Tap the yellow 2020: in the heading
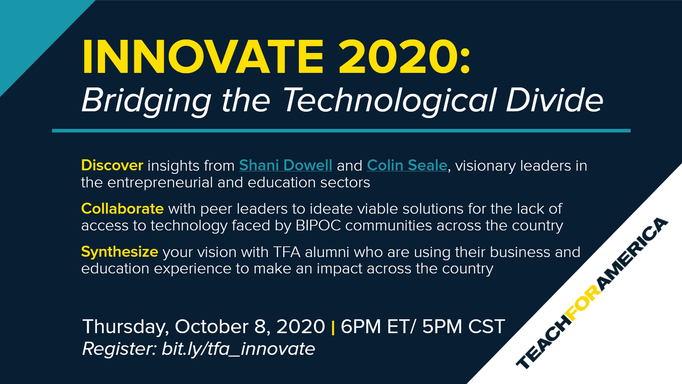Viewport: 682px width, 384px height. pyautogui.click(x=404, y=57)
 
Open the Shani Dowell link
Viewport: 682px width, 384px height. pyautogui.click(x=286, y=166)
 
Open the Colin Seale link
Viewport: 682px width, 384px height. pyautogui.click(x=407, y=166)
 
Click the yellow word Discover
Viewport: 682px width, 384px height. pyautogui.click(x=112, y=165)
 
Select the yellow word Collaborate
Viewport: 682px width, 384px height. pyautogui.click(x=122, y=209)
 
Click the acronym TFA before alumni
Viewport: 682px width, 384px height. pyautogui.click(x=287, y=252)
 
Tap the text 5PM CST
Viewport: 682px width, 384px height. pyautogui.click(x=463, y=326)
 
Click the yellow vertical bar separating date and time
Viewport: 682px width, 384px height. pyautogui.click(x=333, y=327)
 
